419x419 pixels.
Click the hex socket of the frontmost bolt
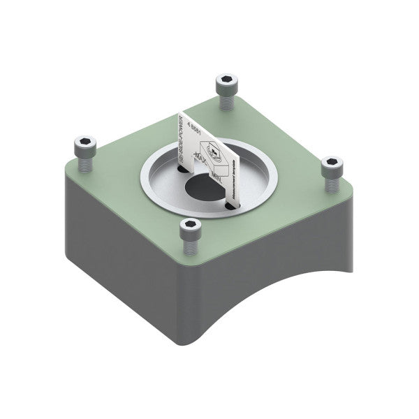[191, 225]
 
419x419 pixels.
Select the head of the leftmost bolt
[83, 146]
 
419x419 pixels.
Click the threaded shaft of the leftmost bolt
[83, 163]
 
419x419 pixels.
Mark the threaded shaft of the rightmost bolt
[330, 184]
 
